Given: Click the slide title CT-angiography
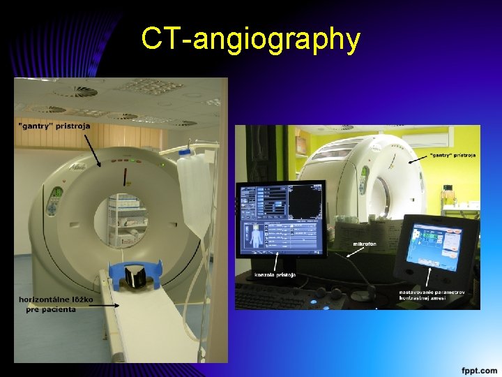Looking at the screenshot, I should click(x=250, y=39).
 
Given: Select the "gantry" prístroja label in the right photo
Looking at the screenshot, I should click(x=452, y=154).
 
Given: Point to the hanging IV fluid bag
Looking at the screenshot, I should click(x=192, y=188).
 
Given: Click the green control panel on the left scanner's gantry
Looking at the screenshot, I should click(x=54, y=202).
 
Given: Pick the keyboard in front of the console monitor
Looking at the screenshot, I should click(x=307, y=293).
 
